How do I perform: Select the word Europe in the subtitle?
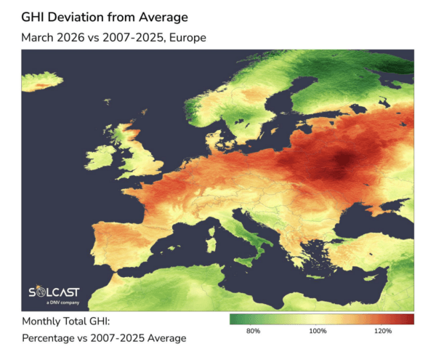tap(183, 37)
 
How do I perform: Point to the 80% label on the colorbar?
tap(254, 332)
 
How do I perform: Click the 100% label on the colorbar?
tap(318, 332)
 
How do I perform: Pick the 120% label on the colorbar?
tap(382, 332)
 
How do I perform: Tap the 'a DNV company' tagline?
tap(58, 303)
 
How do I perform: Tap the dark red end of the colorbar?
tap(411, 319)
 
